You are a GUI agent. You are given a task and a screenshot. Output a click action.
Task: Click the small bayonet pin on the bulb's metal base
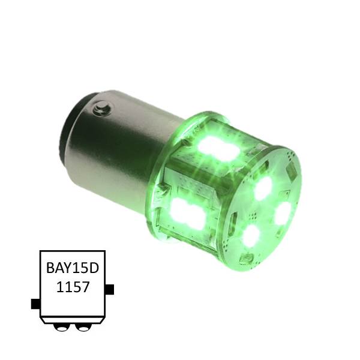102,107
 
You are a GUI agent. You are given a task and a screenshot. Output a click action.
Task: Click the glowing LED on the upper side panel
218,149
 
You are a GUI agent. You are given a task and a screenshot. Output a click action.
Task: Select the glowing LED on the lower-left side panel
187,214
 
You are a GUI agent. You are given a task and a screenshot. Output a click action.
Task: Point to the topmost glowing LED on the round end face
263,189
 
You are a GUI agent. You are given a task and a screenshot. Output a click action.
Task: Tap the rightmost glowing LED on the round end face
283,214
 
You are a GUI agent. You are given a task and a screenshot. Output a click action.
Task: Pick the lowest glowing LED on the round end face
251,236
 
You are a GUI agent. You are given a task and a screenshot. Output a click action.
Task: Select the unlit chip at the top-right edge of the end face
292,170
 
